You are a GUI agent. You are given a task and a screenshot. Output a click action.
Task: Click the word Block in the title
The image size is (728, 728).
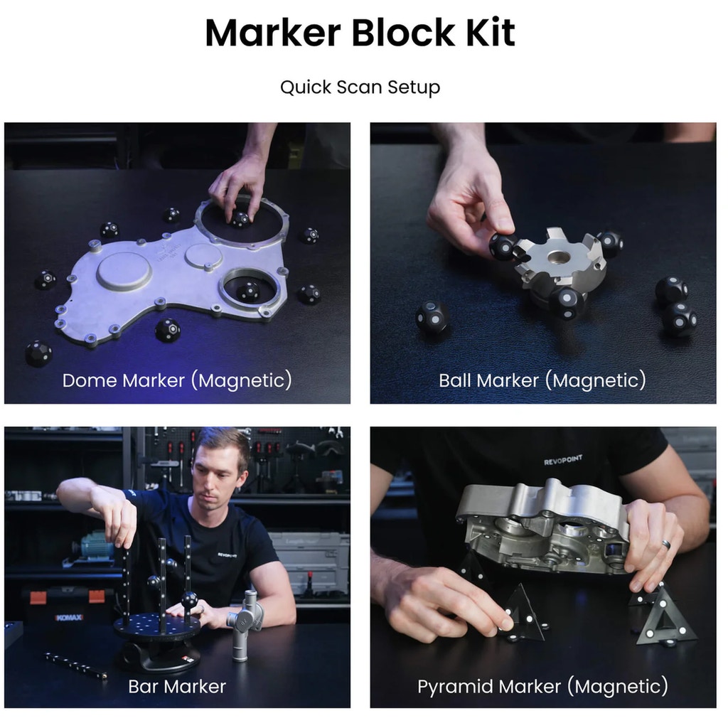tap(403, 33)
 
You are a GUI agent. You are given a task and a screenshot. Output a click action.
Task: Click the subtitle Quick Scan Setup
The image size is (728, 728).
tap(360, 87)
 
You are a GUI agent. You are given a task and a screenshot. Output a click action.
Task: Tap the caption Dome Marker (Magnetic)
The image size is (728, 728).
tap(177, 380)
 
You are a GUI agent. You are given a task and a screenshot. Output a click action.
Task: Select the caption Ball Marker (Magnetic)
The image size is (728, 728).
tap(542, 380)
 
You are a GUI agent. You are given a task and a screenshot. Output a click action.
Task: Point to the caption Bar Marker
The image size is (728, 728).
tap(177, 686)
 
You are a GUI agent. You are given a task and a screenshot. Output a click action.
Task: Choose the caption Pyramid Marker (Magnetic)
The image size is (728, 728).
tap(542, 687)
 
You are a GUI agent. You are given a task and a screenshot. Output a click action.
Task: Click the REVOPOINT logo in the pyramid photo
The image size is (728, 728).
tap(563, 460)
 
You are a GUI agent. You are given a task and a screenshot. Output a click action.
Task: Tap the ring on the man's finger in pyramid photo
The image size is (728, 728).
tap(666, 543)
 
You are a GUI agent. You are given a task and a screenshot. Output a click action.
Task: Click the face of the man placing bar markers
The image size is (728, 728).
tap(218, 473)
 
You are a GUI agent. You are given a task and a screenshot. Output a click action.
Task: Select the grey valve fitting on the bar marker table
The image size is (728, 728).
tap(245, 623)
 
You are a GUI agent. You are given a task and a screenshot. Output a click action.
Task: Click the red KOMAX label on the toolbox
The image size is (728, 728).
tap(69, 617)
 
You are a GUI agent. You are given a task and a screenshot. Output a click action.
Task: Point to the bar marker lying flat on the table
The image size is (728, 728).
tap(75, 665)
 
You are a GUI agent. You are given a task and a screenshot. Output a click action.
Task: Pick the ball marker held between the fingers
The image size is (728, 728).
tap(503, 246)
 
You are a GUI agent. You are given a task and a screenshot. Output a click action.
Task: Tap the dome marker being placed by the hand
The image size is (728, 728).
tap(240, 219)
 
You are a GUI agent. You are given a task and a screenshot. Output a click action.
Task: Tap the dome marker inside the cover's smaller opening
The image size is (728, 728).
tap(248, 291)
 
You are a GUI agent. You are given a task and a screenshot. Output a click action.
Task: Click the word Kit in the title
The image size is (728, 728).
tap(491, 33)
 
